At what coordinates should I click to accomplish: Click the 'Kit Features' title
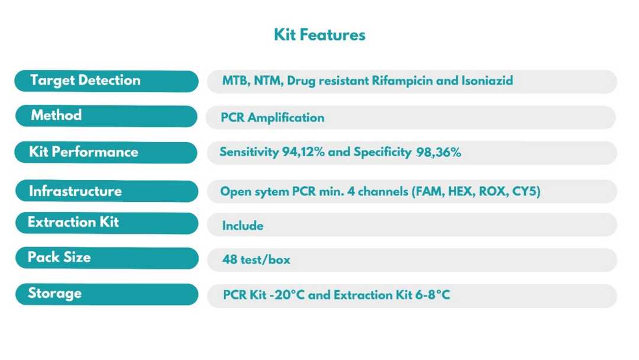click(319, 35)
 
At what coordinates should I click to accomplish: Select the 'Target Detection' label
click(85, 81)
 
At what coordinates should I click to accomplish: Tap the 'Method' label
click(56, 115)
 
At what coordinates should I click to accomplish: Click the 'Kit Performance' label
click(83, 152)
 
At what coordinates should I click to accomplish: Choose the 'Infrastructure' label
click(75, 191)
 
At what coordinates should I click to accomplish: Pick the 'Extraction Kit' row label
click(73, 223)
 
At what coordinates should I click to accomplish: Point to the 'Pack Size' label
click(59, 258)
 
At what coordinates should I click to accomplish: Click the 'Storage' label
click(54, 294)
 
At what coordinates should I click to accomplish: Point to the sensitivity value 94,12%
click(303, 152)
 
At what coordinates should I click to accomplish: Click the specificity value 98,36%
click(438, 152)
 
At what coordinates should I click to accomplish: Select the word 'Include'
click(243, 226)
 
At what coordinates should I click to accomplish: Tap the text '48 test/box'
click(256, 260)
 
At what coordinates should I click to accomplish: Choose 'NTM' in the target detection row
click(268, 81)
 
